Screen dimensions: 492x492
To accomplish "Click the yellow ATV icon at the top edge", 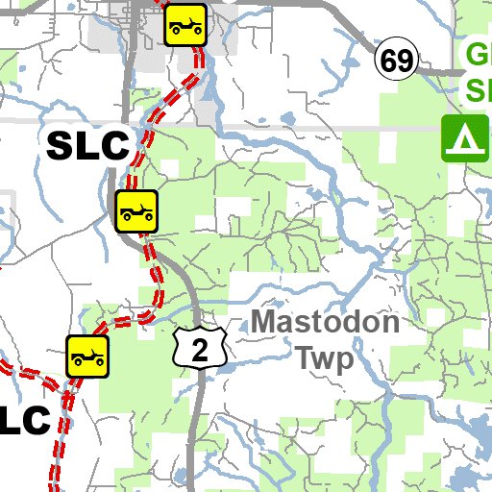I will tap(186, 23).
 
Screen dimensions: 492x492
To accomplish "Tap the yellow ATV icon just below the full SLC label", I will tap(136, 210).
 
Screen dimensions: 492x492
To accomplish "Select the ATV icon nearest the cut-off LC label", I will tap(87, 356).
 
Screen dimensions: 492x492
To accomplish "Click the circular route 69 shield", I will tap(396, 61).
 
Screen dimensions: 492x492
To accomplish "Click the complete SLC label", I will tap(87, 146).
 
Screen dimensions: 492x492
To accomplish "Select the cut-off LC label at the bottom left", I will tap(25, 420).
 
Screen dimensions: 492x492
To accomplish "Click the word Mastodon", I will tap(327, 322).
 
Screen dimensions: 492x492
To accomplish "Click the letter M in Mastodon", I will tap(266, 322).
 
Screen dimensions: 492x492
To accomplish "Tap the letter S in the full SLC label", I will tap(60, 146).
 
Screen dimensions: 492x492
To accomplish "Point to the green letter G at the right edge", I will tap(478, 54).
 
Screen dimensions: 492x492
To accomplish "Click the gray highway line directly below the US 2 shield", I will tap(197, 423).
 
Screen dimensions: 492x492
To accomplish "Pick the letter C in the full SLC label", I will tap(113, 146).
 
